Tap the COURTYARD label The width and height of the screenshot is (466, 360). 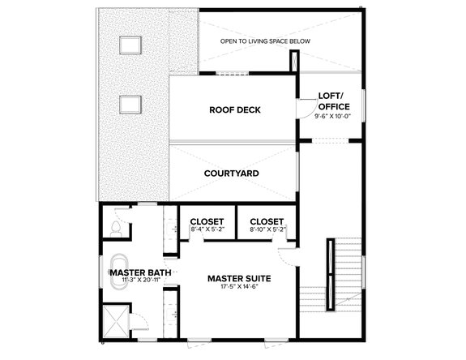tap(231, 174)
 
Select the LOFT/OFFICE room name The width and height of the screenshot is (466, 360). tap(333, 101)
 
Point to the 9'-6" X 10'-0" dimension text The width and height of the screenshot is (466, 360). tap(333, 116)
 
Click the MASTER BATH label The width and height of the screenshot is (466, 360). tap(140, 272)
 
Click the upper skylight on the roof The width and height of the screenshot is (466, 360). tap(129, 45)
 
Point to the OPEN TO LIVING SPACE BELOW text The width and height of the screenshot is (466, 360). tap(266, 41)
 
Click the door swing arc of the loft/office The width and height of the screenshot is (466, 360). tap(306, 109)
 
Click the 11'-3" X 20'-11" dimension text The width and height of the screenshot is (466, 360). tap(140, 281)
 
